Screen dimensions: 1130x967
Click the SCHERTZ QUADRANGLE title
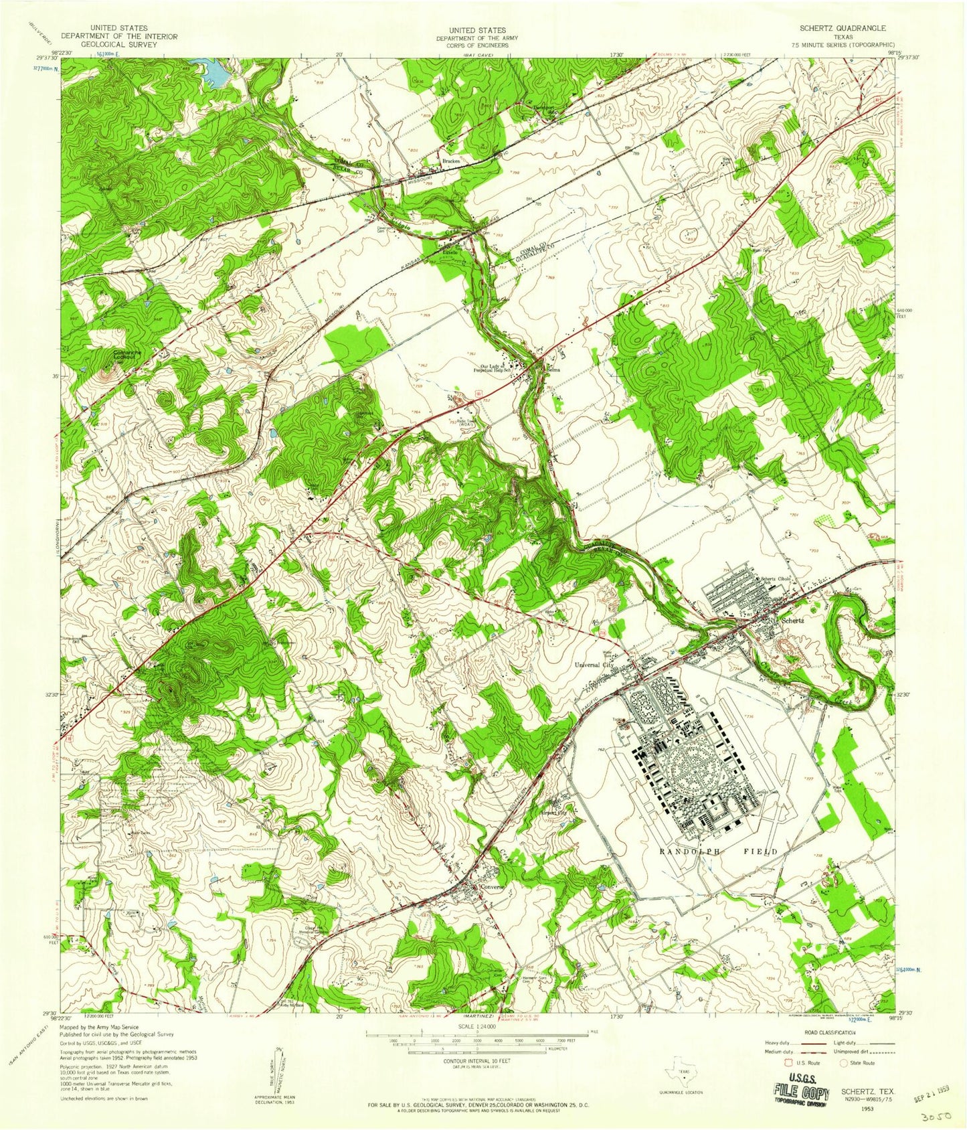843,29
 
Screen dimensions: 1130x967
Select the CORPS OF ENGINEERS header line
477,45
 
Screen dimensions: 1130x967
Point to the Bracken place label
449,163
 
